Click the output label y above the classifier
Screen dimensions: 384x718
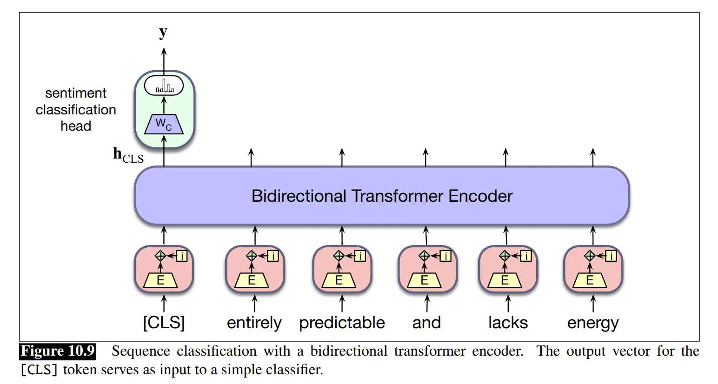pyautogui.click(x=163, y=32)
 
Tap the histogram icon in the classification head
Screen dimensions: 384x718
pyautogui.click(x=164, y=86)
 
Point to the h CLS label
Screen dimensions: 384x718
pyautogui.click(x=128, y=155)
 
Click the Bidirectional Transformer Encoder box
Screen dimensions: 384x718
pyautogui.click(x=381, y=196)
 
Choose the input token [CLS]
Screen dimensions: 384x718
pyautogui.click(x=164, y=323)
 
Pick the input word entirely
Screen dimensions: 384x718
pyautogui.click(x=254, y=323)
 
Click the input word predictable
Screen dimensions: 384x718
pyautogui.click(x=342, y=323)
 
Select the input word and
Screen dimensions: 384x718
pyautogui.click(x=426, y=323)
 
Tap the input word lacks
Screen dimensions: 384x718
pyautogui.click(x=508, y=323)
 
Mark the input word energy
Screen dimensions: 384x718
pyautogui.click(x=593, y=323)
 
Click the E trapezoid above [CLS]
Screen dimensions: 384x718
pyautogui.click(x=161, y=280)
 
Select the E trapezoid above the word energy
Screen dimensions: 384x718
pyautogui.click(x=590, y=280)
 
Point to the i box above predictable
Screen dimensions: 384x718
pyautogui.click(x=360, y=256)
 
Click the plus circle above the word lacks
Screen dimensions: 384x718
pyautogui.click(x=505, y=255)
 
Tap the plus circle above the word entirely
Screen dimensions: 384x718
pyautogui.click(x=252, y=255)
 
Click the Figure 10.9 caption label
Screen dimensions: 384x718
pyautogui.click(x=58, y=351)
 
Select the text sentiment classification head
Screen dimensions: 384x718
pyautogui.click(x=76, y=110)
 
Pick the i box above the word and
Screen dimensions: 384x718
pyautogui.click(x=445, y=256)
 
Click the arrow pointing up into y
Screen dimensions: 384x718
pyautogui.click(x=163, y=56)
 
